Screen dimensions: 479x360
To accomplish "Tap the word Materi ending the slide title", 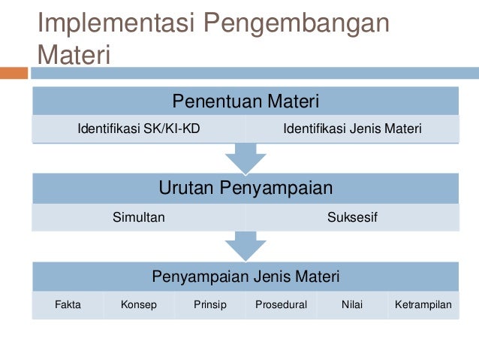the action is click(x=74, y=55).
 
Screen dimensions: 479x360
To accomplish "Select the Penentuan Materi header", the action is click(x=246, y=101).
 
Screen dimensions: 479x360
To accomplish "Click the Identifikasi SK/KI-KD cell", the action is click(x=139, y=129).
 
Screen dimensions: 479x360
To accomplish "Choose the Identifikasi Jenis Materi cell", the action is click(x=352, y=129).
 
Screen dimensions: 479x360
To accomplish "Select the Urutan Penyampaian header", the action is click(x=246, y=188).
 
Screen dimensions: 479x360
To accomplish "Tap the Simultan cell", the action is click(x=139, y=217).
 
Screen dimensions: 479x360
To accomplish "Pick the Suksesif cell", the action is click(x=352, y=217).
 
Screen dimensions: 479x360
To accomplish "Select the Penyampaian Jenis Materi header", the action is click(x=246, y=277).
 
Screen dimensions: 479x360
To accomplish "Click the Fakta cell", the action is click(x=68, y=305).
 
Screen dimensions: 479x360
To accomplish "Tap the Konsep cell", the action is click(x=139, y=305).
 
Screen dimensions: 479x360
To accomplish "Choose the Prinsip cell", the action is click(x=209, y=305).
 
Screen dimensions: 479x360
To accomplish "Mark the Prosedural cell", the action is click(x=281, y=305).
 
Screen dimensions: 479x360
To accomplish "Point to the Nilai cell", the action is click(x=352, y=305).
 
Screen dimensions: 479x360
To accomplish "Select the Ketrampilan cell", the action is click(x=423, y=305).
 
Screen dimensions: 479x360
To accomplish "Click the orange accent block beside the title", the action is click(x=14, y=73).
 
